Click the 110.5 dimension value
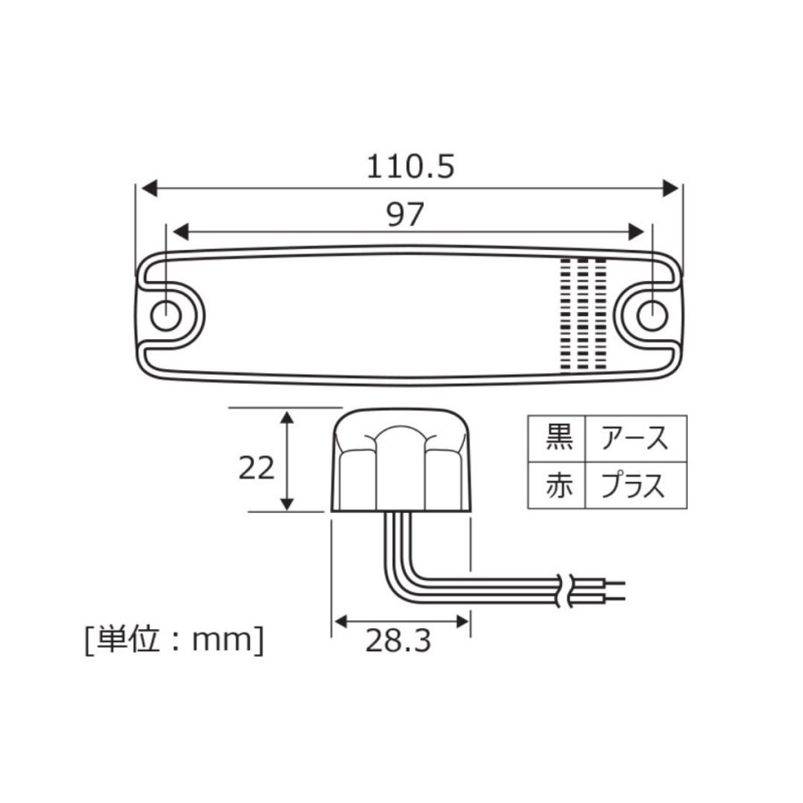pyautogui.click(x=410, y=167)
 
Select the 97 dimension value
pyautogui.click(x=405, y=214)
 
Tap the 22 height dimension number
pyautogui.click(x=257, y=468)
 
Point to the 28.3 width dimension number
pyautogui.click(x=398, y=641)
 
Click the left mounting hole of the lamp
pyautogui.click(x=166, y=314)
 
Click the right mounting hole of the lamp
pyautogui.click(x=652, y=314)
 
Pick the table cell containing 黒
pyautogui.click(x=557, y=439)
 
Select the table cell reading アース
pyautogui.click(x=635, y=439)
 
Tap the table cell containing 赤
pyautogui.click(x=557, y=485)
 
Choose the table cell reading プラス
pyautogui.click(x=635, y=485)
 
